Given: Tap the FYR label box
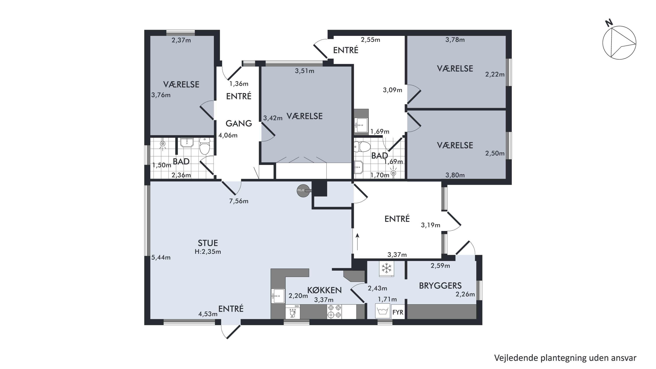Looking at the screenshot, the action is click(x=398, y=312).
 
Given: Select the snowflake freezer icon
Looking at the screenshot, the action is click(x=386, y=268).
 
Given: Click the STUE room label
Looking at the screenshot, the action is click(x=208, y=243).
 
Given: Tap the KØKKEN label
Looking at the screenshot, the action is click(x=324, y=290).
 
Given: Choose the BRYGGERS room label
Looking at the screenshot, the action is click(x=440, y=286).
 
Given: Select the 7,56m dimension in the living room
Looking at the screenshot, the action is click(x=239, y=201).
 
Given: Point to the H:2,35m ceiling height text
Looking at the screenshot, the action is click(x=208, y=252).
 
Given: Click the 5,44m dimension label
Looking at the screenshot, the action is click(x=161, y=257).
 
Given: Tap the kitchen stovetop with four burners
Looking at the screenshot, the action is click(x=334, y=311).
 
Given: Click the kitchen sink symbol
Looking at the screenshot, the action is click(x=278, y=296).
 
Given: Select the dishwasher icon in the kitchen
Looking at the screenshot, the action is click(x=293, y=312).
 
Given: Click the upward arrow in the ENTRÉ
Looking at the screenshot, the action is click(x=357, y=242).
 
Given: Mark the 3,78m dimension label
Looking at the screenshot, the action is click(x=455, y=40).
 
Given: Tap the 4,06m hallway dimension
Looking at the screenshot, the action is click(x=228, y=135).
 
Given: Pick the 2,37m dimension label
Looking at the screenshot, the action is click(x=181, y=40).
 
